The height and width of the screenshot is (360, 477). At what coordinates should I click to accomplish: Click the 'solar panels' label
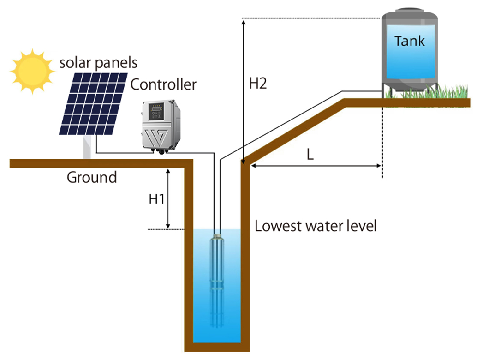coord(98,62)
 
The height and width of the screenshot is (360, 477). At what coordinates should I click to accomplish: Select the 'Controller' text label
coord(163,84)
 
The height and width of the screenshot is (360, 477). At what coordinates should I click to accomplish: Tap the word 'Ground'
coord(92,177)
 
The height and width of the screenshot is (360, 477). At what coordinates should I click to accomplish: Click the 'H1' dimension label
coord(157,199)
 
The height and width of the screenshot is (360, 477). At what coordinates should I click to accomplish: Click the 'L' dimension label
coord(310,154)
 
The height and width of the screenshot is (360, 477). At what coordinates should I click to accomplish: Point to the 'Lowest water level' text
coord(316,226)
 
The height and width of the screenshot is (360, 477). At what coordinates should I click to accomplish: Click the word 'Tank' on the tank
coord(410,41)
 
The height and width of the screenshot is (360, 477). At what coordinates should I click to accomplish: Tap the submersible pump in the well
coord(217,277)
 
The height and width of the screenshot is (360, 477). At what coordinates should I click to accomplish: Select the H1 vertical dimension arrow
coord(168,198)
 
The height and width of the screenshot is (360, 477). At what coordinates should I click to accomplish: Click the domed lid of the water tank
coord(410,13)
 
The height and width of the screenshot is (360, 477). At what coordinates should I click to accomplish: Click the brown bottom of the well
coord(217,347)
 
